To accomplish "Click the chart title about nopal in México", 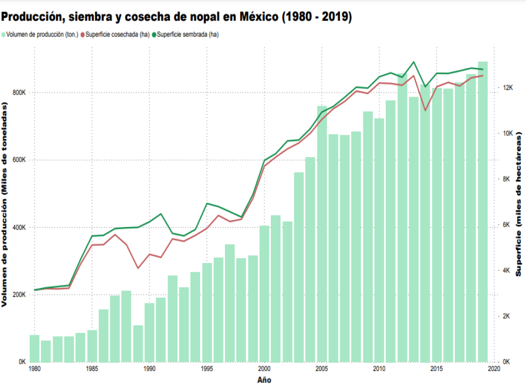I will coord(176,17).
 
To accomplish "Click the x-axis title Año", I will coord(264,380).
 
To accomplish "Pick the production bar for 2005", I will coord(322,234).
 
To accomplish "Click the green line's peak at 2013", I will coord(413,62).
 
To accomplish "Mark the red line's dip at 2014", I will coord(425,110).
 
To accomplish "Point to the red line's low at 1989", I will coord(138,268).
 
